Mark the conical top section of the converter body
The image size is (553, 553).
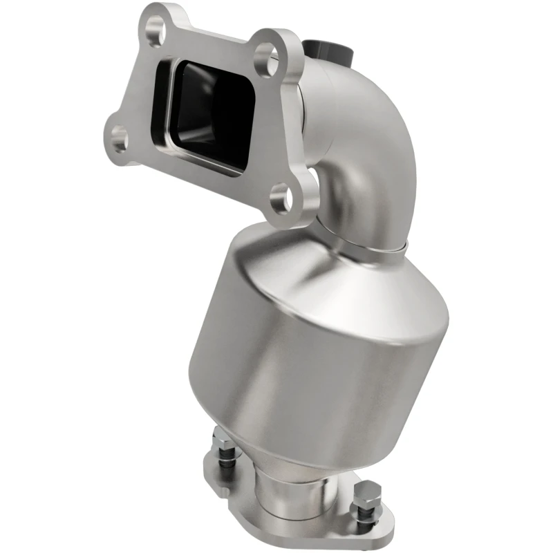tap(325, 276)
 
